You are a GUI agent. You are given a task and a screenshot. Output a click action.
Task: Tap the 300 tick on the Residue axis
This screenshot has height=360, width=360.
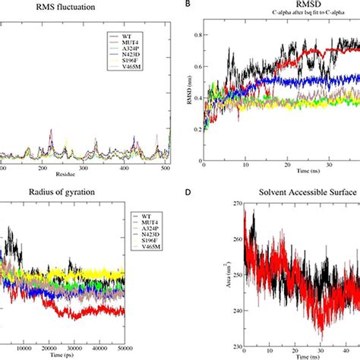pos(85,168)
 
